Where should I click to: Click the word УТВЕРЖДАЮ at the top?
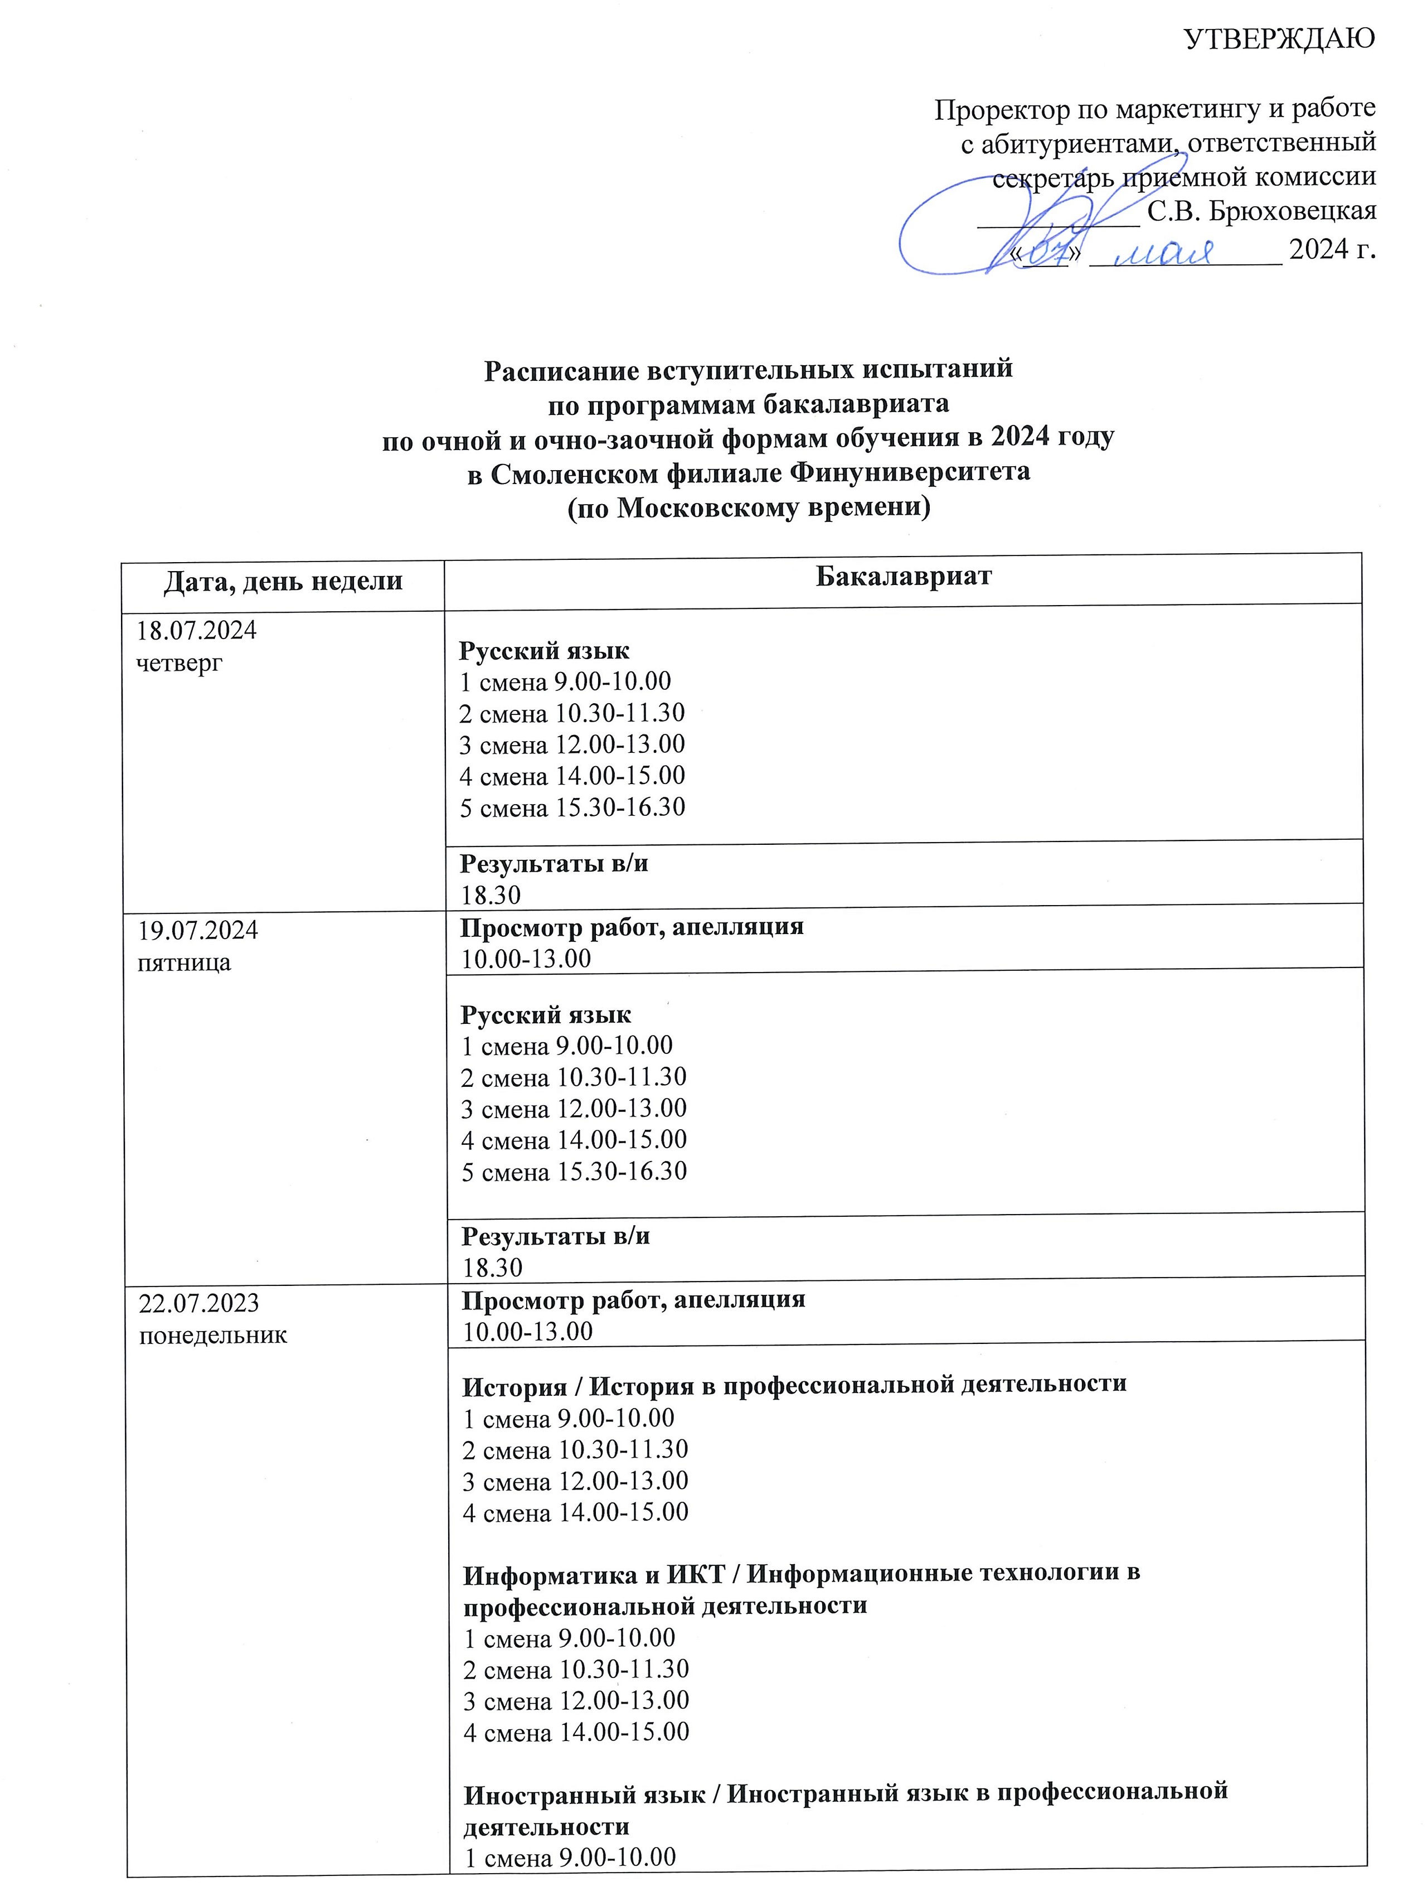1279,38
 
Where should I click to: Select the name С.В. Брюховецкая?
1260,211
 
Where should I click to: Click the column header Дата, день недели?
283,581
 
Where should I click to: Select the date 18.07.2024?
197,631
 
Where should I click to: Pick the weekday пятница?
185,963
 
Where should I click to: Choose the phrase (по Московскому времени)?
749,508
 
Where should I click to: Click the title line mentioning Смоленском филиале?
749,473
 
